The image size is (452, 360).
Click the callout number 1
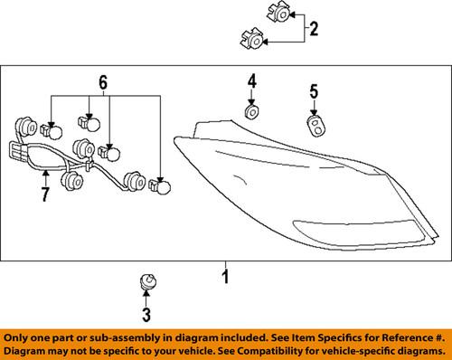click(x=226, y=277)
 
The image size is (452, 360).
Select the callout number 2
click(x=314, y=29)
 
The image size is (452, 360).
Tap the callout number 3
click(x=146, y=315)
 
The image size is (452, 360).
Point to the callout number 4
click(x=252, y=81)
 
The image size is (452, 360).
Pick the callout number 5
click(x=314, y=91)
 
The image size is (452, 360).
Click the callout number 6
click(x=103, y=82)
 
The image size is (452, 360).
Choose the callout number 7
click(x=45, y=194)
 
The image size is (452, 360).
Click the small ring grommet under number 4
click(x=251, y=112)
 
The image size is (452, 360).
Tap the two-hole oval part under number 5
click(x=315, y=126)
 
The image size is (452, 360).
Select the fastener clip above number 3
click(x=148, y=282)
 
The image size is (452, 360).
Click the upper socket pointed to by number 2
click(x=278, y=14)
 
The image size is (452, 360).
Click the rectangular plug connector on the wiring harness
click(x=17, y=151)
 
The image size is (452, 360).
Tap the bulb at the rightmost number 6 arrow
click(x=160, y=185)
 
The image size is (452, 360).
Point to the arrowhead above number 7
click(x=45, y=173)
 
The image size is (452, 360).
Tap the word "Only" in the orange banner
click(x=14, y=337)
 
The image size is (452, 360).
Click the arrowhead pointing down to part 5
click(x=314, y=112)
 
